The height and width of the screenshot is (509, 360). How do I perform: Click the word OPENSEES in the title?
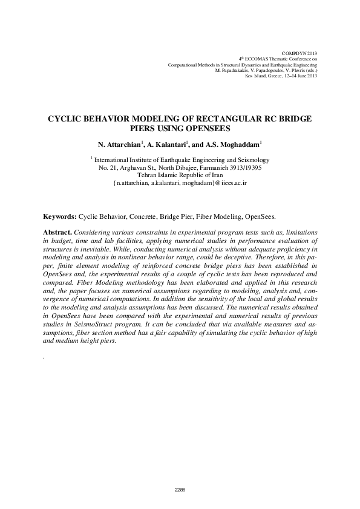pos(209,128)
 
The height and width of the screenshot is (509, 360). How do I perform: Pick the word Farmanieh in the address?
pos(206,167)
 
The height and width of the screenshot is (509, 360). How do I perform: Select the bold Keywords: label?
pos(60,216)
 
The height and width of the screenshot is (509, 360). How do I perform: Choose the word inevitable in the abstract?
pos(90,248)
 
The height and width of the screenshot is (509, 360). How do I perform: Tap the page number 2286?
pos(180,488)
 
